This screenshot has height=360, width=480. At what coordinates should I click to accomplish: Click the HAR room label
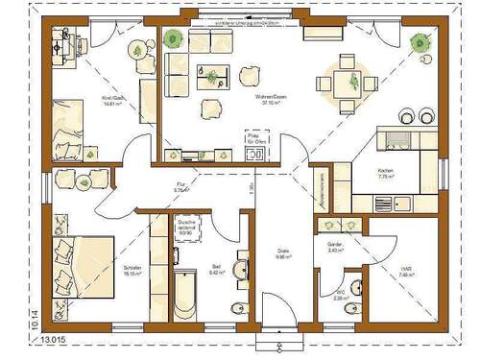tap(406, 273)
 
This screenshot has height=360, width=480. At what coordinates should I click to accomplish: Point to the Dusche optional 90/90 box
tap(186, 227)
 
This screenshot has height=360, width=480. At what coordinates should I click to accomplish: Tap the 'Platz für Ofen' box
tap(255, 144)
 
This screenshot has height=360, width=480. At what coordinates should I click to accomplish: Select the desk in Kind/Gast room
tap(63, 48)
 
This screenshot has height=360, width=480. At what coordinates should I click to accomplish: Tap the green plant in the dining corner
tap(419, 42)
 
